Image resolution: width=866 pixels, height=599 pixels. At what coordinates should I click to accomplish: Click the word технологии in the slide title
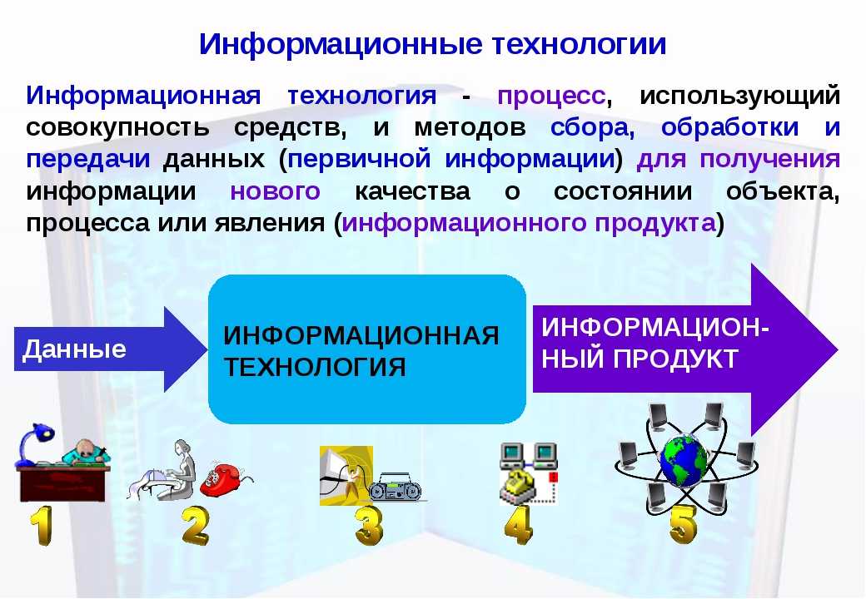pyautogui.click(x=579, y=43)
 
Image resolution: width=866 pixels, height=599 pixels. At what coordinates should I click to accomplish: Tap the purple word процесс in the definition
pyautogui.click(x=551, y=96)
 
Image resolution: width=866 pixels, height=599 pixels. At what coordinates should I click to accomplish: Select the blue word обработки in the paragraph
pyautogui.click(x=729, y=127)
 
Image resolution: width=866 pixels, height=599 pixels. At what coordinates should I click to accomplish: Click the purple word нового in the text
pyautogui.click(x=275, y=191)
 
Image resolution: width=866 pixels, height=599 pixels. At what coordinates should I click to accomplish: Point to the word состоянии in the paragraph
pyautogui.click(x=623, y=191)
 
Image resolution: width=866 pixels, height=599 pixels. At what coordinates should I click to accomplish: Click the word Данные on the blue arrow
pyautogui.click(x=75, y=349)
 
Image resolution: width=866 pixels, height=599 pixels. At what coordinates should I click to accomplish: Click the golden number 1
pyautogui.click(x=42, y=526)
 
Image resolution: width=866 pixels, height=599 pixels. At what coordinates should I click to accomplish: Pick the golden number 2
pyautogui.click(x=196, y=526)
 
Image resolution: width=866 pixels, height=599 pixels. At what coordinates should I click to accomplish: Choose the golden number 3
pyautogui.click(x=369, y=526)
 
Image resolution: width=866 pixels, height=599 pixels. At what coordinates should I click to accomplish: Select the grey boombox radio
pyautogui.click(x=395, y=487)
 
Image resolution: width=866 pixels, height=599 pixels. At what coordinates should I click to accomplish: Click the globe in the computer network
pyautogui.click(x=684, y=461)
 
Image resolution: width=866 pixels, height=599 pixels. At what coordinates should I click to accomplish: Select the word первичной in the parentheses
pyautogui.click(x=359, y=160)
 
